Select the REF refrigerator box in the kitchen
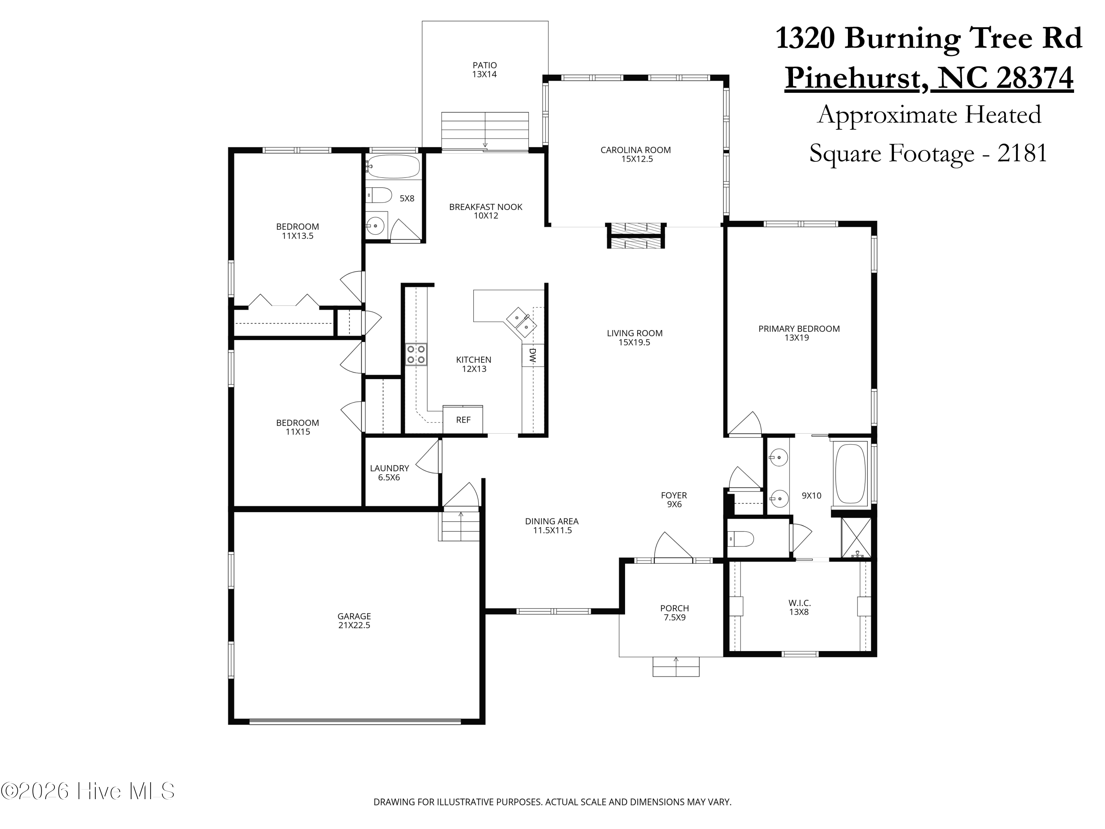pos(463,420)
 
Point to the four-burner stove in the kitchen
pos(415,354)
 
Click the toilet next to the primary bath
pos(741,539)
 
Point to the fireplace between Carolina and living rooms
pos(635,235)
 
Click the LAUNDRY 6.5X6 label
pos(389,472)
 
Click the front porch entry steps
pos(676,666)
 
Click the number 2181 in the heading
pos(1022,153)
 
